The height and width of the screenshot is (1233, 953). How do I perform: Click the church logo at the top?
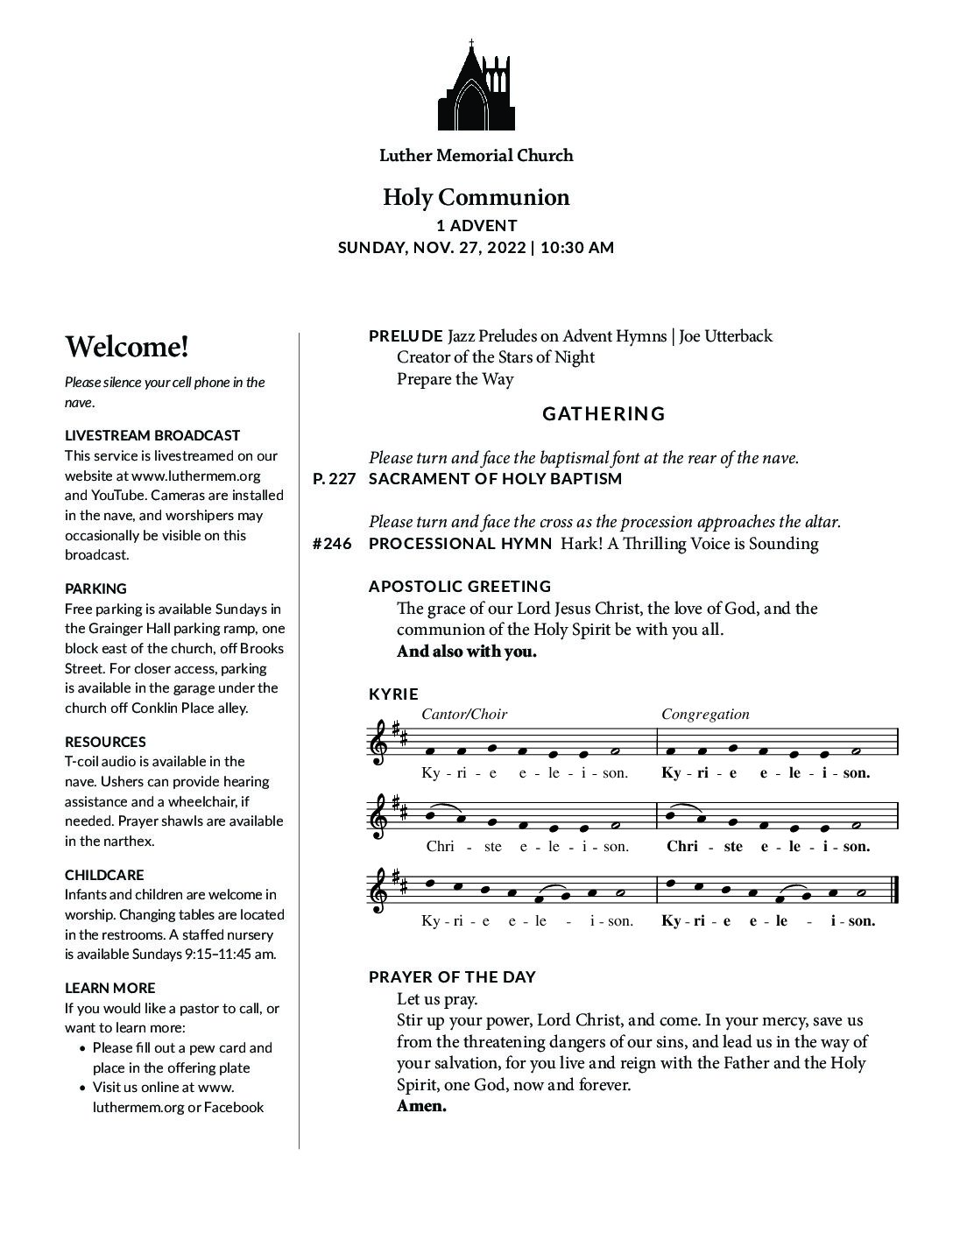click(476, 85)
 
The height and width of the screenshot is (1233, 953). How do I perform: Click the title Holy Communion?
click(476, 197)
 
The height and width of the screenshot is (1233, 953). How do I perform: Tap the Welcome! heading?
click(126, 347)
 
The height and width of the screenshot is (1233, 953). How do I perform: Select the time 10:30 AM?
click(577, 248)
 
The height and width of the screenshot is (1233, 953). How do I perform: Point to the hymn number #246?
click(332, 544)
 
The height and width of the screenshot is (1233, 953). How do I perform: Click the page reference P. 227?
click(333, 479)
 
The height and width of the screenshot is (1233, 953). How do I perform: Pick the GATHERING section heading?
click(604, 413)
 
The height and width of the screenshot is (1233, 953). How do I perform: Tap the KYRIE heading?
click(393, 694)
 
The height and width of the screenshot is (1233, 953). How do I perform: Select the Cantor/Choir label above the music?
click(463, 714)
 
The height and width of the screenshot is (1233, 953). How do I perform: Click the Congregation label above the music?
click(705, 714)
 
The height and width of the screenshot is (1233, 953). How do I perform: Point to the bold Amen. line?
click(421, 1106)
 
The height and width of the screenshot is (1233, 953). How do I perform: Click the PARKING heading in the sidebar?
click(95, 588)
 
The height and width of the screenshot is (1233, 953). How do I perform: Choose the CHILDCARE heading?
click(104, 875)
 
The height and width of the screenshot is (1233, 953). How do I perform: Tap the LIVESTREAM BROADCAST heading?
click(152, 435)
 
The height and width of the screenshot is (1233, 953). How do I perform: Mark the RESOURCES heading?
click(105, 742)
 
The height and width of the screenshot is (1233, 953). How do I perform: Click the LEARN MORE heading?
click(109, 988)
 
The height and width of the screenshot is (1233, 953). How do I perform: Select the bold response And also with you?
click(466, 652)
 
